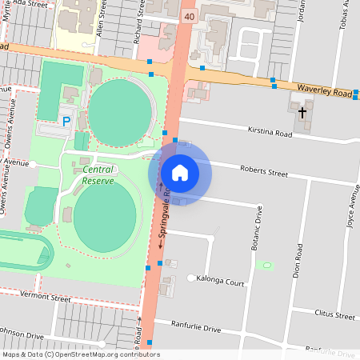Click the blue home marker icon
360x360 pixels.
pos(179,172)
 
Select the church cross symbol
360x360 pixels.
pos(302,113)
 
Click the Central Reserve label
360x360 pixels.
pos(98,174)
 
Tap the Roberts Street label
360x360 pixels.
pos(265,170)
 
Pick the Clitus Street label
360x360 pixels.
pos(334,314)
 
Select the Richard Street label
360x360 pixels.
pos(141,24)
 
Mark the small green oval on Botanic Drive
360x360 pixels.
pos(267,265)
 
